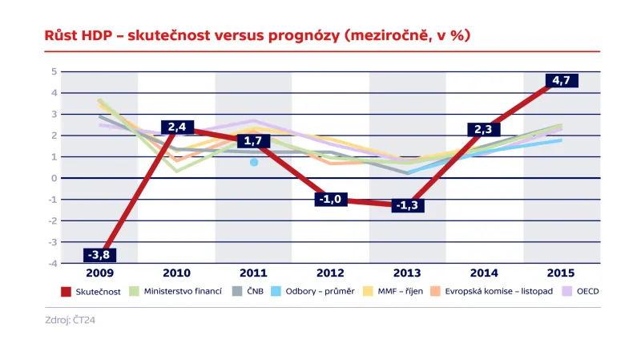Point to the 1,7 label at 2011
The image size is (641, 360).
[253, 141]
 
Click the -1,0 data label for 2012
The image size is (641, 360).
[330, 199]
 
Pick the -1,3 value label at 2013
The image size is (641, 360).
[407, 205]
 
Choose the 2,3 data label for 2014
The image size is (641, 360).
[484, 128]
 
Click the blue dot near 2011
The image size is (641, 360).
[254, 162]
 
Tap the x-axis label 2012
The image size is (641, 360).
[330, 273]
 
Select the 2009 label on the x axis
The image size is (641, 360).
[99, 273]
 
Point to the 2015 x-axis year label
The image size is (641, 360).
[561, 273]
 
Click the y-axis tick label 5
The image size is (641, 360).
[54, 71]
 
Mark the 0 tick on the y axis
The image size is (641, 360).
[54, 178]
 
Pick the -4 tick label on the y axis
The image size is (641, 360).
[52, 263]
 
